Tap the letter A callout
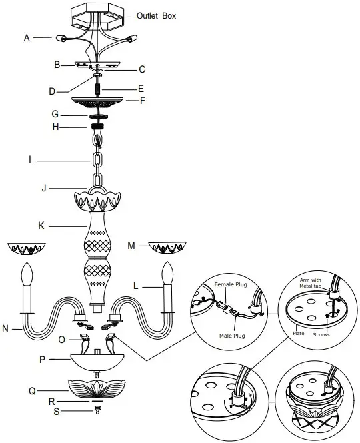coord(27,39)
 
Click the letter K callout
coord(41,226)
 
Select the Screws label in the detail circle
coord(322,334)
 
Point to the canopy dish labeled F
coord(99,102)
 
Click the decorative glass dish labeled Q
coord(99,388)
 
